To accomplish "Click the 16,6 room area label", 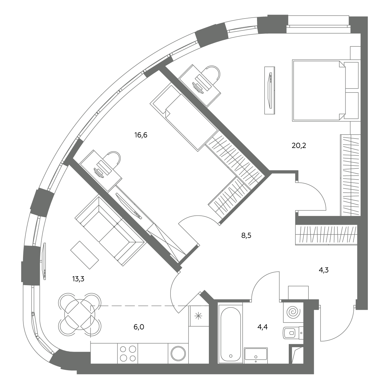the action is (141, 135).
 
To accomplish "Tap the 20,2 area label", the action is (299, 145).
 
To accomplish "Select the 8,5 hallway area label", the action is (246, 235).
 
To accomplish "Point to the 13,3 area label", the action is (78, 279).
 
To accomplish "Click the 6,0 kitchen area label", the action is (139, 327).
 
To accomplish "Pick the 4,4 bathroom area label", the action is (262, 327).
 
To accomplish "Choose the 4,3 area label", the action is (323, 270).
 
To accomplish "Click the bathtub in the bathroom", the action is (230, 334).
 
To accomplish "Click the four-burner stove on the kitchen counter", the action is (128, 353).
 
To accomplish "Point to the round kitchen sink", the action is (178, 353).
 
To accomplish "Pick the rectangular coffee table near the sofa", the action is (85, 255).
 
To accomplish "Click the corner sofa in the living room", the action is (110, 231).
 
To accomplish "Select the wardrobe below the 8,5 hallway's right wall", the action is (326, 235).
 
